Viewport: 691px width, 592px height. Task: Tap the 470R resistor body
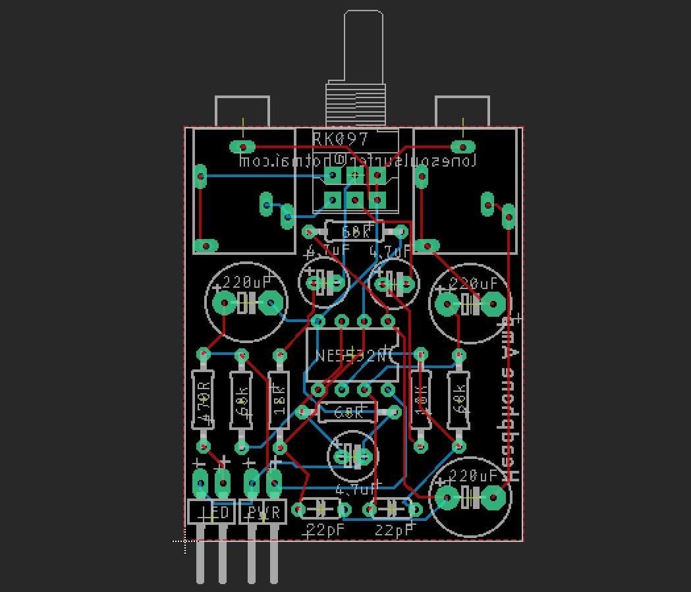[204, 400]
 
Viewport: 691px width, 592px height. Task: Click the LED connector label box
[211, 512]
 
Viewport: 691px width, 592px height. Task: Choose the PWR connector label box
[263, 512]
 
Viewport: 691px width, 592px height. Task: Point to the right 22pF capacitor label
[394, 530]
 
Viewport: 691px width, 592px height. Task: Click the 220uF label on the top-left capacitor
[246, 283]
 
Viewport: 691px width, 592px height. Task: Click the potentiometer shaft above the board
[363, 46]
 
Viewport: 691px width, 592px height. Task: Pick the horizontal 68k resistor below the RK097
[354, 232]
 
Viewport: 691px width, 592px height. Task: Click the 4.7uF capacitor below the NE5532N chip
[353, 455]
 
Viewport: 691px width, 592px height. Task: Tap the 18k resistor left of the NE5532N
[279, 400]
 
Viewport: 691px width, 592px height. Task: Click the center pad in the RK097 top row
[355, 175]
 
